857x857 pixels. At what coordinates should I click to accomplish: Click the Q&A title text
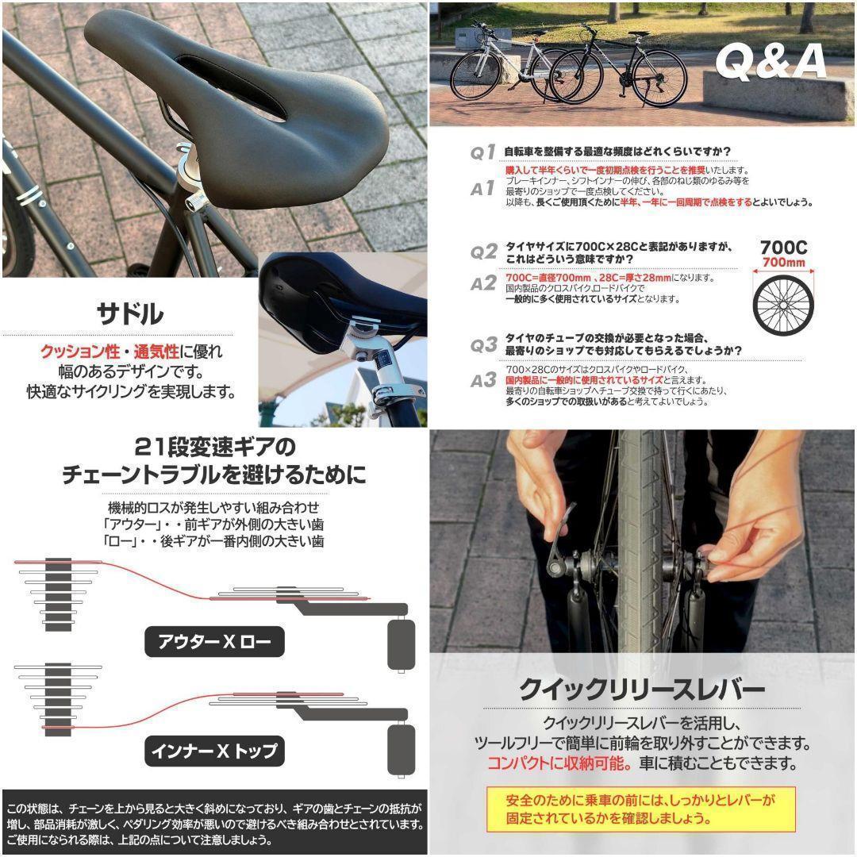click(x=771, y=61)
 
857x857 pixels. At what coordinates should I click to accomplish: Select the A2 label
click(x=482, y=284)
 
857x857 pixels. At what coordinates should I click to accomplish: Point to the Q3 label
click(x=482, y=346)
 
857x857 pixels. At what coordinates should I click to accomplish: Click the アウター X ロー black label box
click(x=214, y=641)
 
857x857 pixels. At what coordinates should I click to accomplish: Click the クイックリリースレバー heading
click(x=641, y=688)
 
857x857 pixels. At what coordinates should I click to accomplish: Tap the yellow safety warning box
click(x=640, y=809)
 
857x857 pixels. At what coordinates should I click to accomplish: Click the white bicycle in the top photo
click(x=508, y=67)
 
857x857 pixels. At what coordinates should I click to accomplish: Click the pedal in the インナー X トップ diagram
click(x=401, y=749)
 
